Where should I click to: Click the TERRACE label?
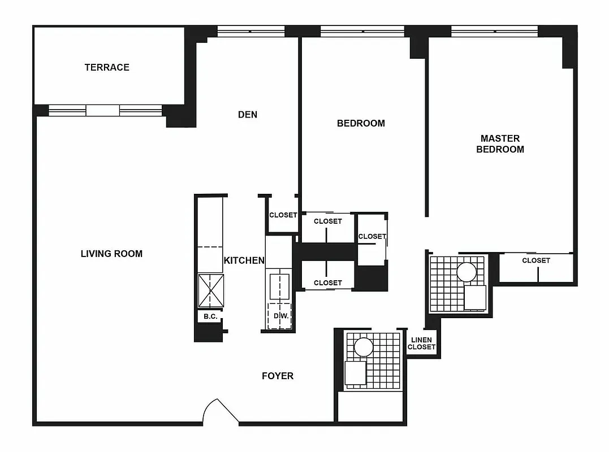pyautogui.click(x=107, y=67)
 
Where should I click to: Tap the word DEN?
pyautogui.click(x=248, y=115)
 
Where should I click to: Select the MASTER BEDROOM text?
pyautogui.click(x=500, y=144)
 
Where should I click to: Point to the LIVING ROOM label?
pyautogui.click(x=111, y=254)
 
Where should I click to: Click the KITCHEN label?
pyautogui.click(x=244, y=260)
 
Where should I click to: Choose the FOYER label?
pyautogui.click(x=278, y=376)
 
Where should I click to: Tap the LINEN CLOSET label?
pyautogui.click(x=421, y=344)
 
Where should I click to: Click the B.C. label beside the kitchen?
pyautogui.click(x=210, y=316)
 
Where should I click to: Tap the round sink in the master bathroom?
pyautogui.click(x=468, y=273)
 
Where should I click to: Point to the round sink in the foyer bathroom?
pyautogui.click(x=363, y=347)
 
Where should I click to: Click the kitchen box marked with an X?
pyautogui.click(x=210, y=291)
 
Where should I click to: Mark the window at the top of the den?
pyautogui.click(x=250, y=32)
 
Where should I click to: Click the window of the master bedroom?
pyautogui.click(x=494, y=32)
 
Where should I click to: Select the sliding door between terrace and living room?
pyautogui.click(x=102, y=110)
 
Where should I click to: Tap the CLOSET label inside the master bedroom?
pyautogui.click(x=535, y=260)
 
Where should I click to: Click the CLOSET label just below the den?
pyautogui.click(x=283, y=215)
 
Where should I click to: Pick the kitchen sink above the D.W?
pyautogui.click(x=279, y=286)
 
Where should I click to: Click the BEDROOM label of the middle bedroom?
pyautogui.click(x=361, y=123)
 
